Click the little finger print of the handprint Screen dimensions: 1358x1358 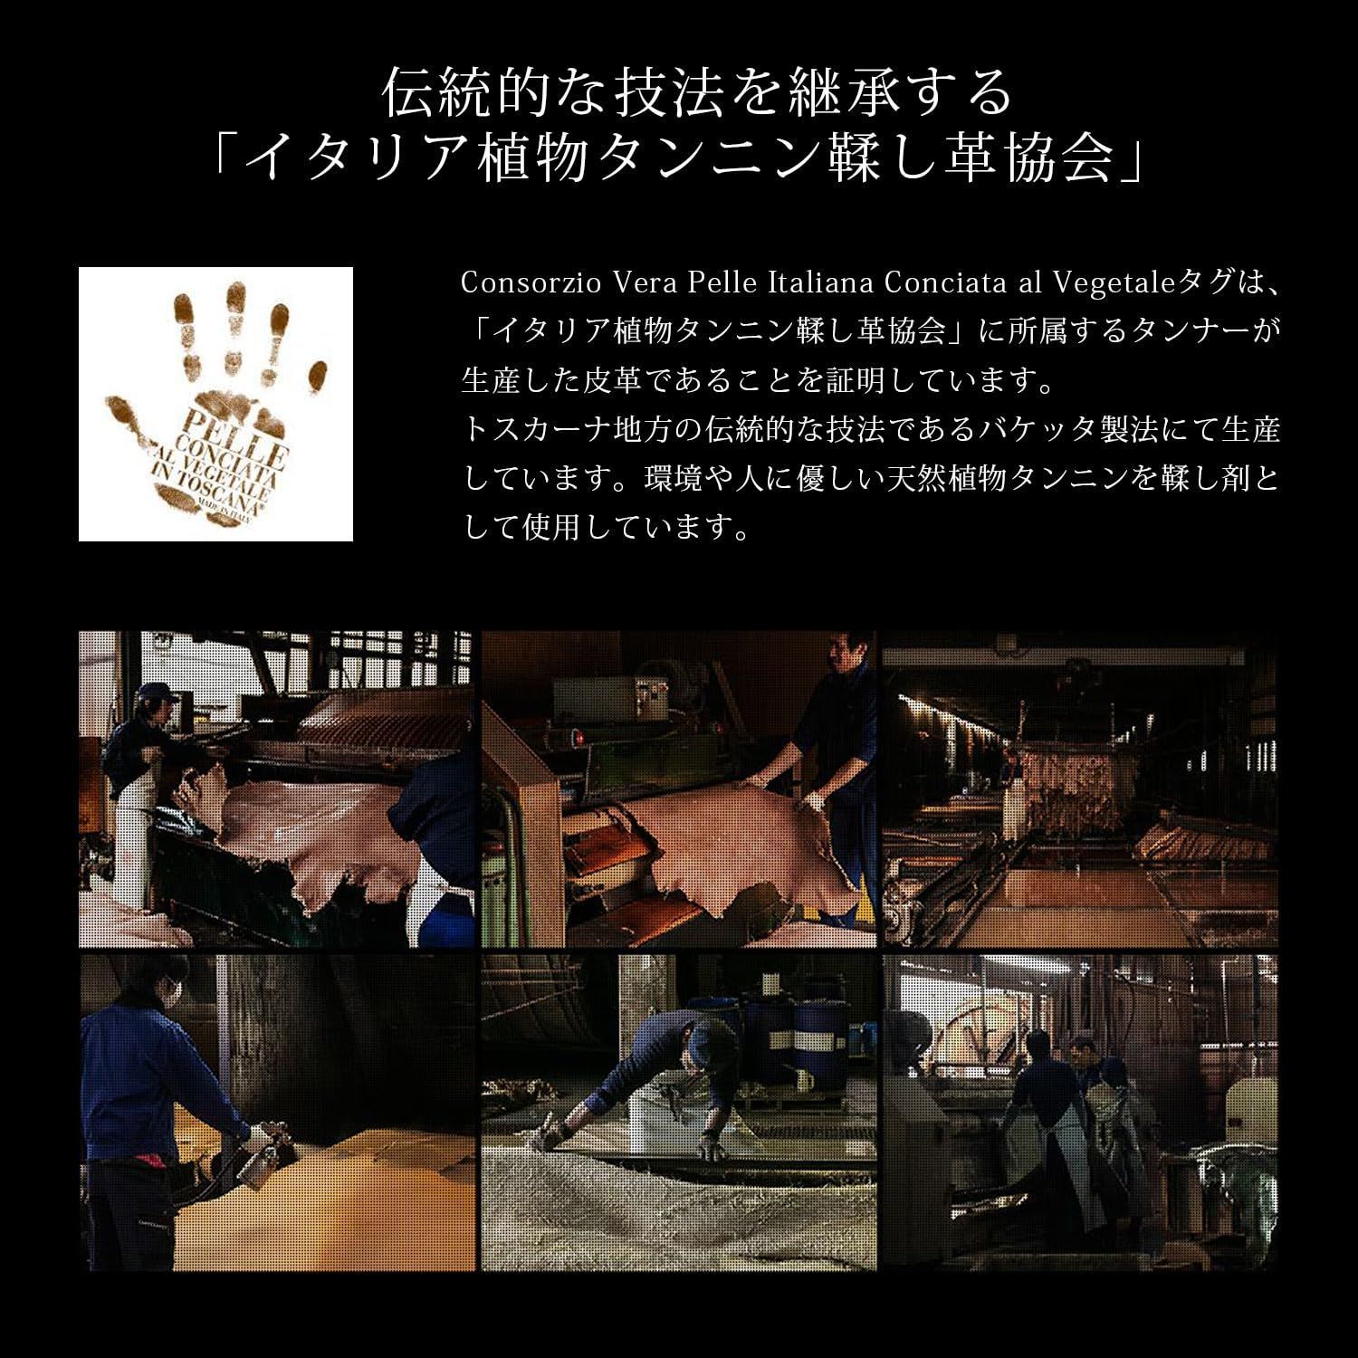[x=317, y=371]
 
